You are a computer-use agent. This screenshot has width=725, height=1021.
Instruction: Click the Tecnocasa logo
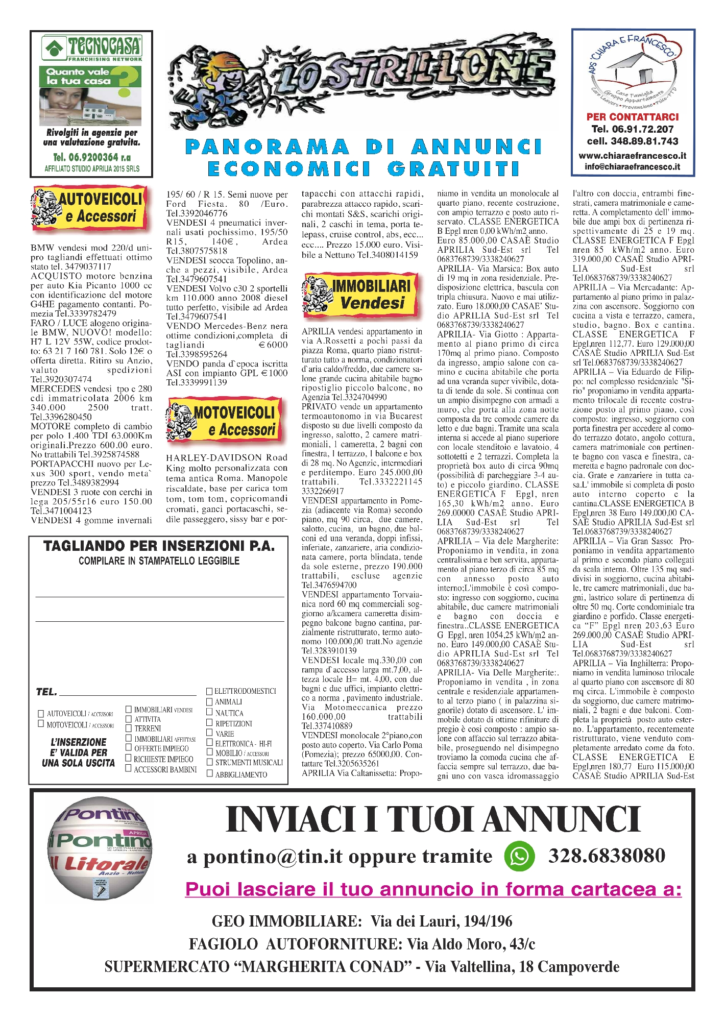tap(92, 48)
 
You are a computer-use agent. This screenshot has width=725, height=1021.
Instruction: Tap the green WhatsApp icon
tap(519, 856)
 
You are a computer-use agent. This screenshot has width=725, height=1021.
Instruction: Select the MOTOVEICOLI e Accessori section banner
tap(223, 421)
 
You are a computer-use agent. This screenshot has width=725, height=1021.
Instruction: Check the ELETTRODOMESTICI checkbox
tap(209, 691)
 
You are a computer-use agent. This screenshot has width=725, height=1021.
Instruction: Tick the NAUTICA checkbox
tap(209, 713)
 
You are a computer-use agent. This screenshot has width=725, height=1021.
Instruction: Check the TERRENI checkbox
tap(129, 728)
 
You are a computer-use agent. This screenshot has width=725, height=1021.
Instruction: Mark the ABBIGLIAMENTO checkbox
tap(209, 774)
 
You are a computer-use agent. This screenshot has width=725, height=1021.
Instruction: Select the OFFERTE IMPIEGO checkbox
tap(129, 748)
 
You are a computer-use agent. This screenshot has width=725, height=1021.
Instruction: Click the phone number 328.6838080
tap(607, 856)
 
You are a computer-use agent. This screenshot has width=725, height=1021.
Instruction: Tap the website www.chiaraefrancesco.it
tap(632, 156)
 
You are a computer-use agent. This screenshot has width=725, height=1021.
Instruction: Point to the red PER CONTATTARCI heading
tap(633, 117)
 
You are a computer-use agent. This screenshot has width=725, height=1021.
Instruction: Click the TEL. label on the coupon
tap(46, 692)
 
